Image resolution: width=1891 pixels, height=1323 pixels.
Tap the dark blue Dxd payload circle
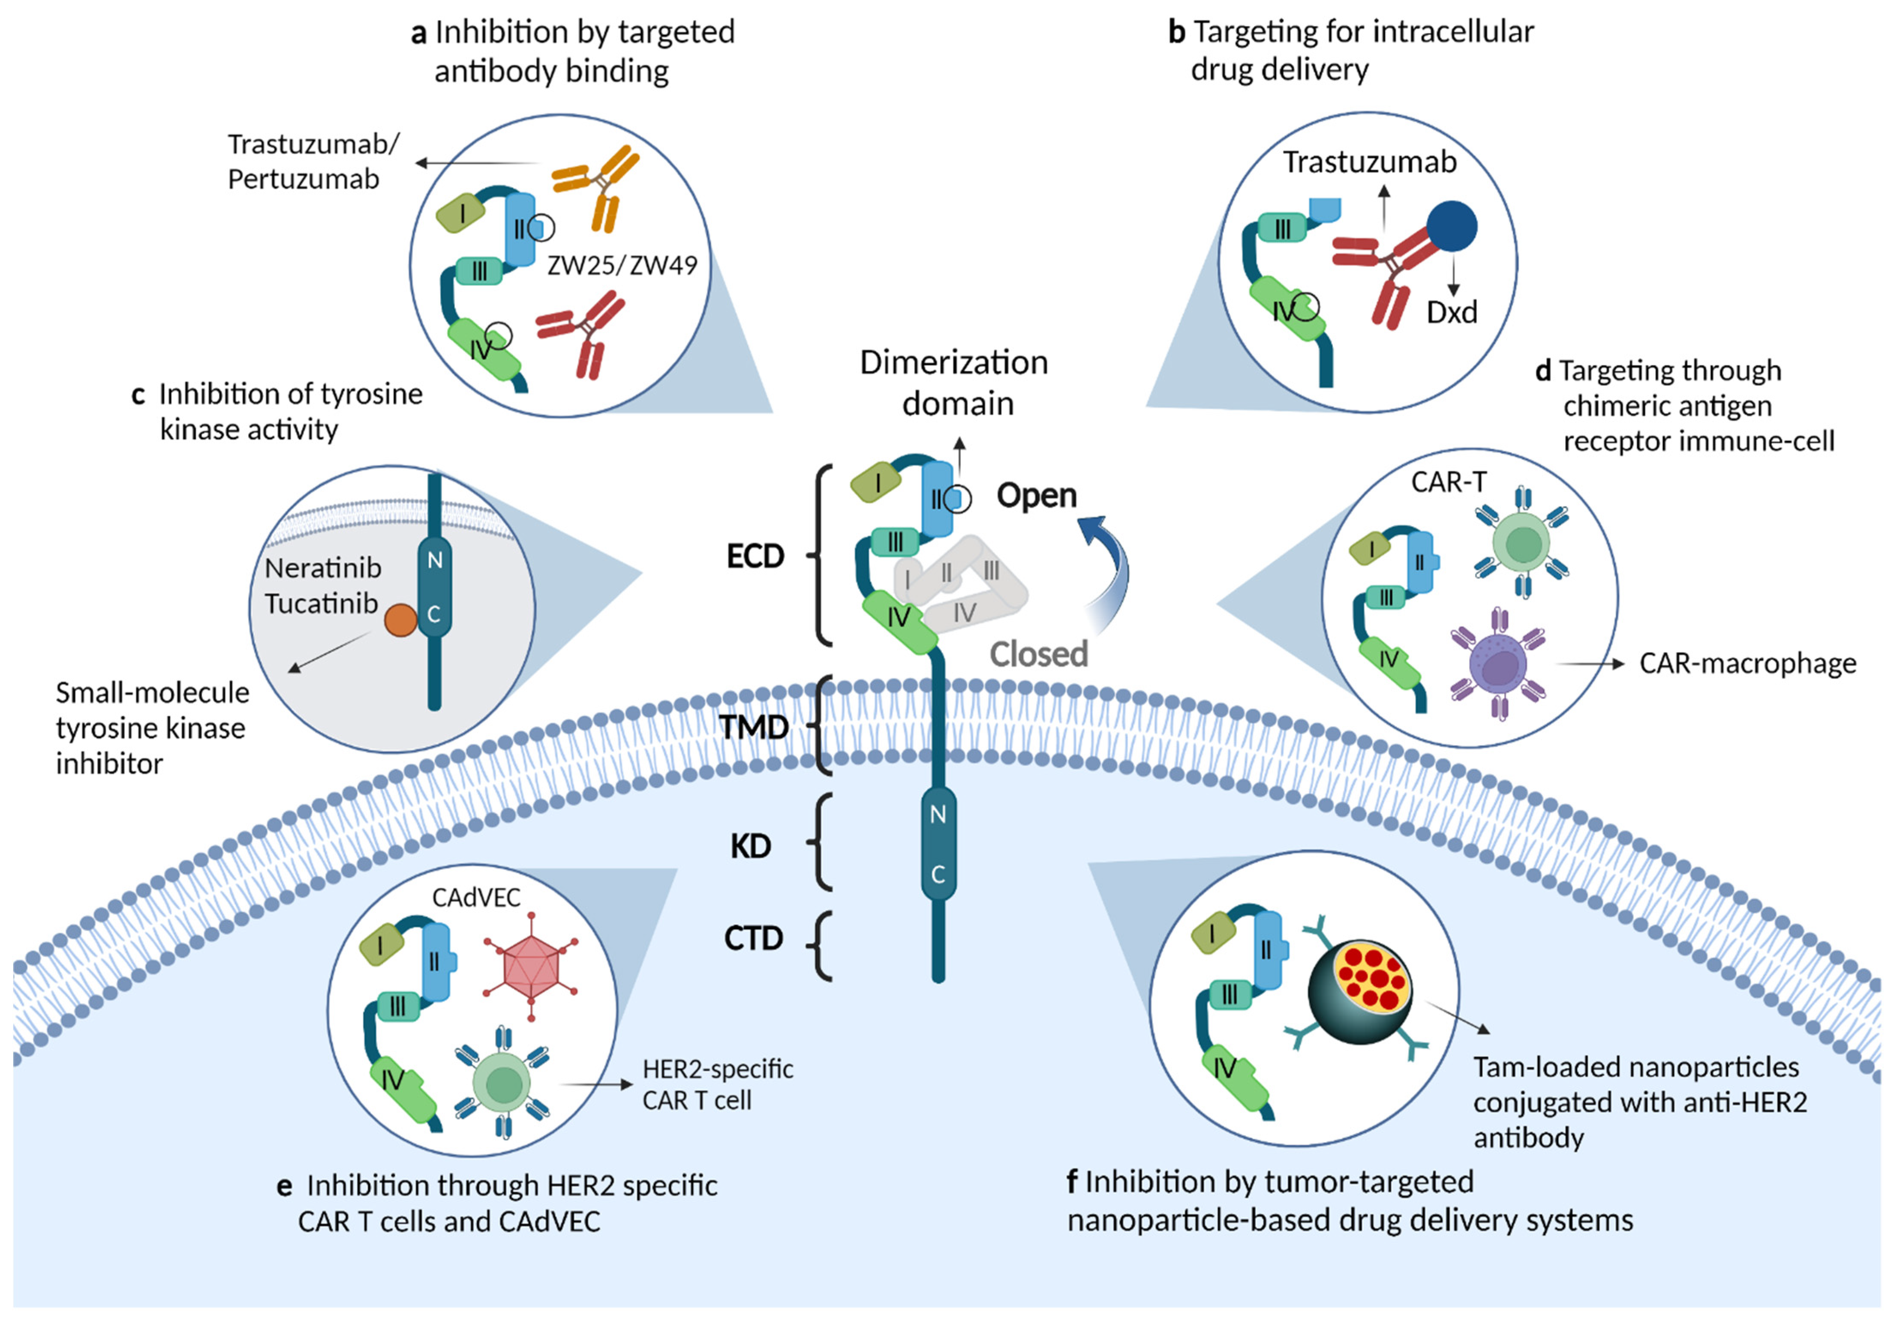pos(1451,226)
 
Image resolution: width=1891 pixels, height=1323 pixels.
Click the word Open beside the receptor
pos(1036,496)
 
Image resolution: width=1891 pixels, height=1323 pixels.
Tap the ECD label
pos(755,557)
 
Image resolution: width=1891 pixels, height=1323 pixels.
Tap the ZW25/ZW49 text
pos(622,265)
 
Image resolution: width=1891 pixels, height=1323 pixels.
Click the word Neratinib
pos(323,568)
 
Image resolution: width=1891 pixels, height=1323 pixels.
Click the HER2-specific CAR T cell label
pos(716,1084)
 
